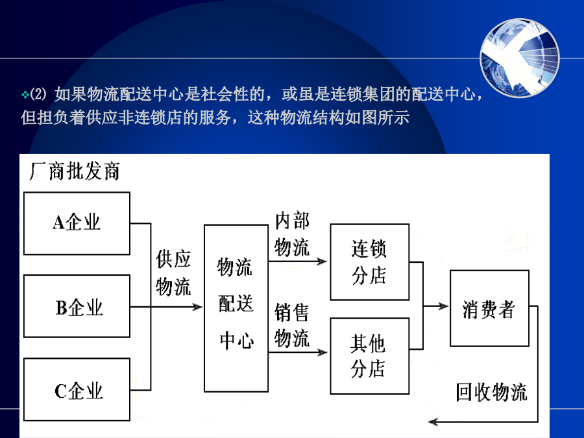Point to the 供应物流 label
coord(173,273)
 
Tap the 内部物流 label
coord(292,234)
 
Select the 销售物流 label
coord(292,325)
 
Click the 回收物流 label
coord(492,392)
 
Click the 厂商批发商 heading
coord(75,171)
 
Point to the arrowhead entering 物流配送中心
coord(197,307)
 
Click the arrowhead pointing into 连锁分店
coord(322,261)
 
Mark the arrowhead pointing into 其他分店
coord(322,352)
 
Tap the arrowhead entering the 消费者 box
coord(443,306)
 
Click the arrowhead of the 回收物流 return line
coord(433,422)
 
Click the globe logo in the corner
coord(520,58)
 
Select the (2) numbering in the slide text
coord(38,94)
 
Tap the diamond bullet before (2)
coord(25,95)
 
